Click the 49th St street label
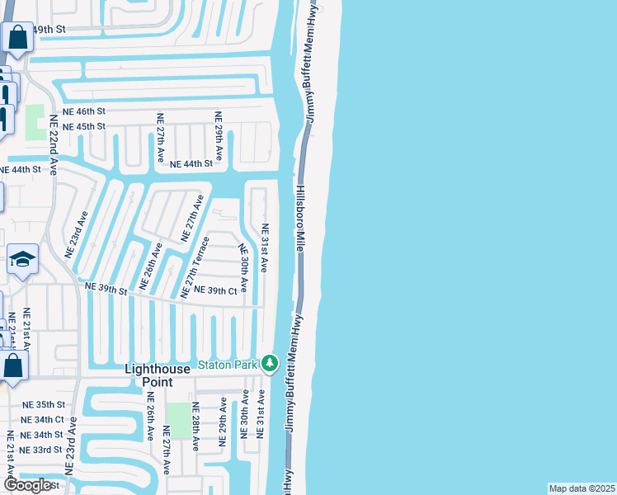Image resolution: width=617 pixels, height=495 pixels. [48, 29]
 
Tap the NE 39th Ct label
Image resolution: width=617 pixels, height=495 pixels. [215, 290]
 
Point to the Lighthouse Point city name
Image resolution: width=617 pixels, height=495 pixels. [160, 375]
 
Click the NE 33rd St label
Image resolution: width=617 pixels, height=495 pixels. [42, 450]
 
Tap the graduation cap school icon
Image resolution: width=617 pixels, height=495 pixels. [22, 259]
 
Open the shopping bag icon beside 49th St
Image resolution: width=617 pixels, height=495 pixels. [16, 37]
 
